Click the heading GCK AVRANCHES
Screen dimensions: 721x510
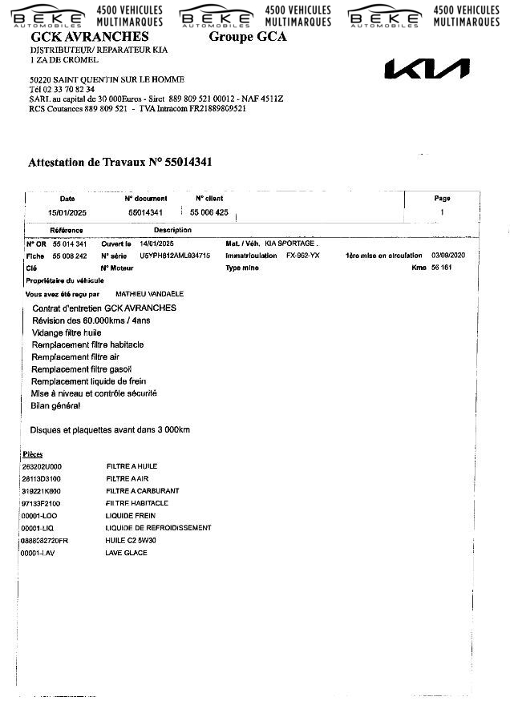[90, 37]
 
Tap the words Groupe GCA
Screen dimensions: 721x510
[247, 37]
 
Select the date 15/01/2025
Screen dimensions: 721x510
[67, 212]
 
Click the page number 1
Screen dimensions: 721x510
[442, 212]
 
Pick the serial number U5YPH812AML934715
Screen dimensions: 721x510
[175, 255]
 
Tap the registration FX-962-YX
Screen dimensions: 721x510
[303, 255]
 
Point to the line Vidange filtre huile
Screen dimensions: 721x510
[67, 332]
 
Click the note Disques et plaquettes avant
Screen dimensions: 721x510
[110, 430]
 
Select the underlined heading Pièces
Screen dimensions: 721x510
[33, 454]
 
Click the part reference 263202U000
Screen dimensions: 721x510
[42, 466]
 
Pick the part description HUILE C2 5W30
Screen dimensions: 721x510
[131, 541]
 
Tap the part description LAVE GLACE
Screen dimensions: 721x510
[126, 553]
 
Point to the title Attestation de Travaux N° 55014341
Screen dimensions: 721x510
[120, 163]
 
